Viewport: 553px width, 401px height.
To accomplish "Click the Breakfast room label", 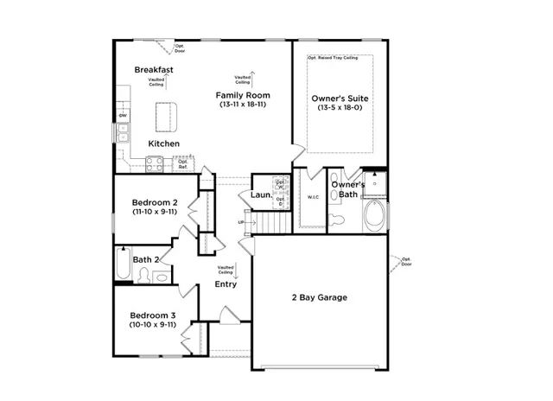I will pos(154,69).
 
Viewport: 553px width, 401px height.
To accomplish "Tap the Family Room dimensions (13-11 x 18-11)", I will pos(244,105).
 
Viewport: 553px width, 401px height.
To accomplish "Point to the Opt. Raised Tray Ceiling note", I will pos(333,59).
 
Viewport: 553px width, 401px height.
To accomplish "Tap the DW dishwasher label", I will pos(123,116).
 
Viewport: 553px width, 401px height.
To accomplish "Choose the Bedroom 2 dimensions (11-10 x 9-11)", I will pos(154,211).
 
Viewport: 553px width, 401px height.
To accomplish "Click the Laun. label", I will pos(262,196).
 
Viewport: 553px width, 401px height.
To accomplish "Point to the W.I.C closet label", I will pos(313,197).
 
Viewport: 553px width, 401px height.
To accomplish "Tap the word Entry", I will pos(226,284).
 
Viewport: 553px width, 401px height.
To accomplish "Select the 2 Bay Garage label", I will pos(318,298).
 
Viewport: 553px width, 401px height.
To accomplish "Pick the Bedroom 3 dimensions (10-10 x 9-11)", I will pos(153,325).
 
